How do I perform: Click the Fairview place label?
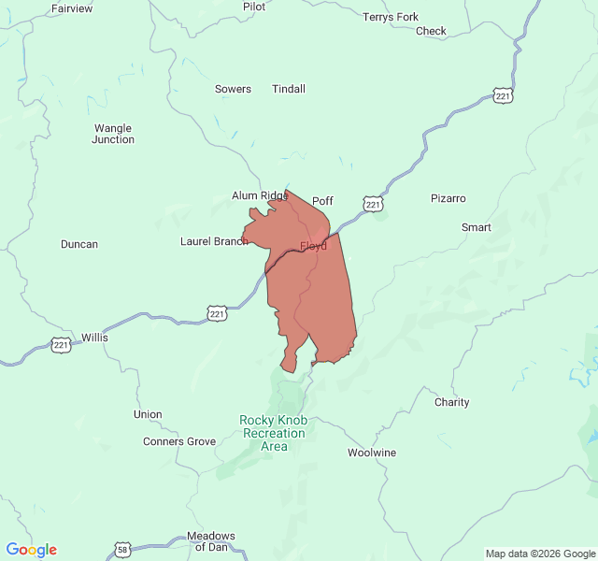[72, 8]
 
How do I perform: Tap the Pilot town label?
[254, 7]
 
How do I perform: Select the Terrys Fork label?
[391, 17]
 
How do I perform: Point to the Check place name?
[431, 31]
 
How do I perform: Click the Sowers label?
[233, 90]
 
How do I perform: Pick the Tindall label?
[289, 90]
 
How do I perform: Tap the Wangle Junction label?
[113, 134]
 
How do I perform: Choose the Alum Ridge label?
[259, 196]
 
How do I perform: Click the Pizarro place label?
[448, 199]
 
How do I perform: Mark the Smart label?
[476, 228]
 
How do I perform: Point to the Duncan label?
[79, 245]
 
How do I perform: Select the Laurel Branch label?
[214, 241]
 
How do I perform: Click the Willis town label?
[94, 337]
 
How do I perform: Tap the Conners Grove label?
[179, 441]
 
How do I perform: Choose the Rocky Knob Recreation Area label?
[274, 434]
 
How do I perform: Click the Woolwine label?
[372, 453]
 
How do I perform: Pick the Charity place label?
[452, 403]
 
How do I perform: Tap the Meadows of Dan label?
[211, 541]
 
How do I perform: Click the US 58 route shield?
[122, 548]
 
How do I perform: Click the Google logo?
[32, 550]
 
